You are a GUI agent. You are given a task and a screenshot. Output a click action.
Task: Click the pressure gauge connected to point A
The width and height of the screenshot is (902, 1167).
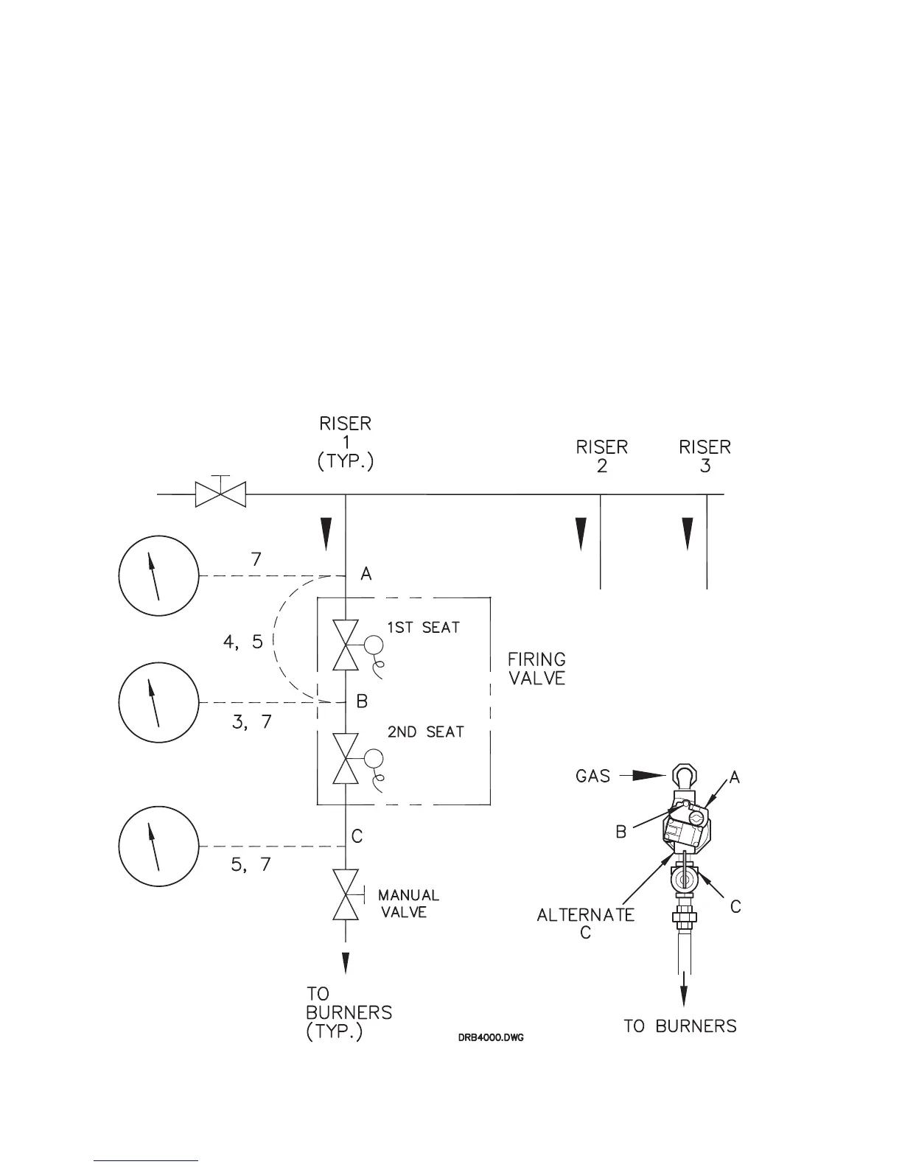tap(158, 575)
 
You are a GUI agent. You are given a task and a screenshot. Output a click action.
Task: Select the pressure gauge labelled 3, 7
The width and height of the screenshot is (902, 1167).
tap(158, 702)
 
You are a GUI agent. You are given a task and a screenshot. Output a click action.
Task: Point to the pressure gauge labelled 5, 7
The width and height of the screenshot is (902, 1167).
tap(158, 845)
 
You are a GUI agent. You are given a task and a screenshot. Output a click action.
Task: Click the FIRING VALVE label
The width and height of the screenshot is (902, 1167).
tap(536, 668)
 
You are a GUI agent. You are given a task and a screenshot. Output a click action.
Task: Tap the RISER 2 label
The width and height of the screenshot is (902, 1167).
tap(602, 456)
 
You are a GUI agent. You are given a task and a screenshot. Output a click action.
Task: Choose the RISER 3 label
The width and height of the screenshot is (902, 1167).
tap(705, 456)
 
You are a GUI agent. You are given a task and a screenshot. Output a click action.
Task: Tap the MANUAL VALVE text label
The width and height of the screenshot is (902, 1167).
tap(408, 903)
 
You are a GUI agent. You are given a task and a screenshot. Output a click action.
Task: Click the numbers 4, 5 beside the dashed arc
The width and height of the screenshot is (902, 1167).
tap(242, 642)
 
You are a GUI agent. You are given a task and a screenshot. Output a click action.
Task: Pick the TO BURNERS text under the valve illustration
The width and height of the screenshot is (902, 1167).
tap(679, 1026)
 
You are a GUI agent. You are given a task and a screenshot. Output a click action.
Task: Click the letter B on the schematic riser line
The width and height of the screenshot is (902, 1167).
tap(362, 702)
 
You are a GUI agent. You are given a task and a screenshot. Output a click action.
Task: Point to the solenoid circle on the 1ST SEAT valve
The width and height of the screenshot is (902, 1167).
tap(373, 645)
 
